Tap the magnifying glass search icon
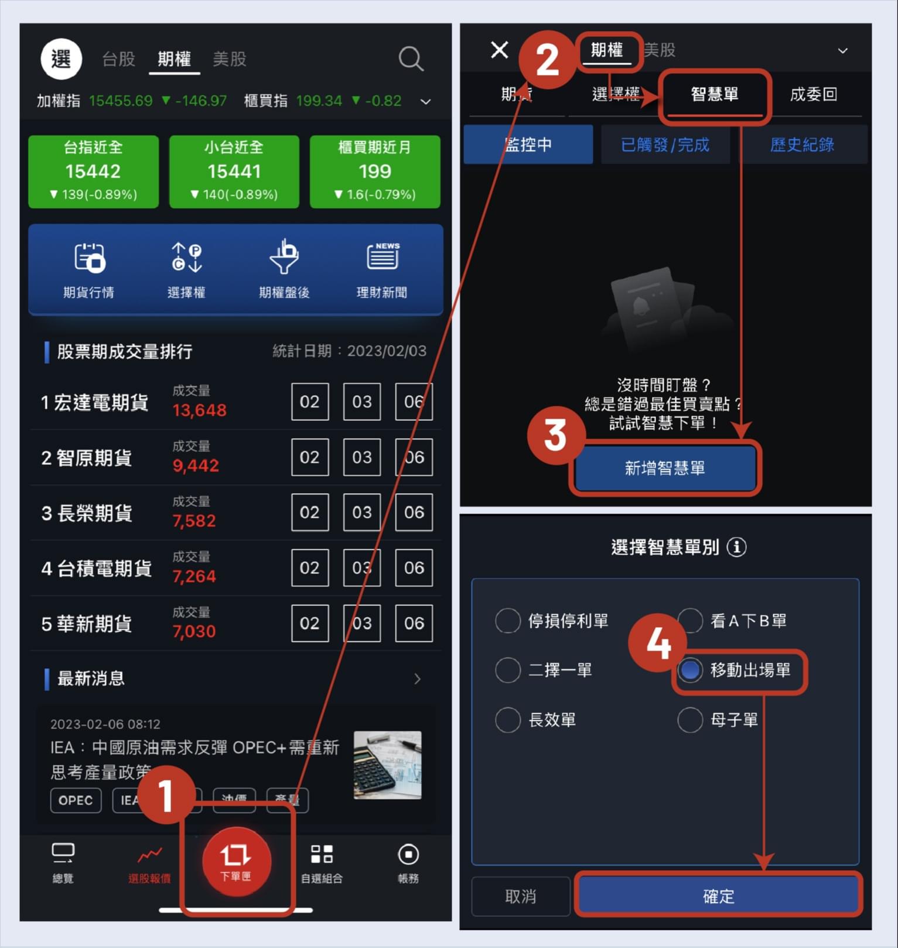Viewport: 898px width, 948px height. [411, 59]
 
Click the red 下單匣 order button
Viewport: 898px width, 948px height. [236, 861]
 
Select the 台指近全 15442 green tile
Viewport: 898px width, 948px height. [93, 171]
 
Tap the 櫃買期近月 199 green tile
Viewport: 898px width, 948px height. [374, 171]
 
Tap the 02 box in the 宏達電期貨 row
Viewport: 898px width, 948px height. [309, 402]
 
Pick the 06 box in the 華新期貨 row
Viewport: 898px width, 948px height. [414, 623]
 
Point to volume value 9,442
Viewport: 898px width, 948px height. [196, 466]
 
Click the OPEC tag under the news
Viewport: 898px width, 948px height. [76, 800]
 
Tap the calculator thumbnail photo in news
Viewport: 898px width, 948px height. [387, 765]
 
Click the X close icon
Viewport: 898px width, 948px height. [499, 50]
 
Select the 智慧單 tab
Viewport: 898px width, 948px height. [714, 95]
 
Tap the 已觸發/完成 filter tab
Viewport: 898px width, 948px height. [665, 145]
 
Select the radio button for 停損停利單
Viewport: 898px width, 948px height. [507, 621]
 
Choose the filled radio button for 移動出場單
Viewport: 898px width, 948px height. [690, 670]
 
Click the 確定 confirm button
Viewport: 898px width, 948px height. [718, 896]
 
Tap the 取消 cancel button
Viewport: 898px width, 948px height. [520, 896]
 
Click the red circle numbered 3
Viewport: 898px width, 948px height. [555, 435]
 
